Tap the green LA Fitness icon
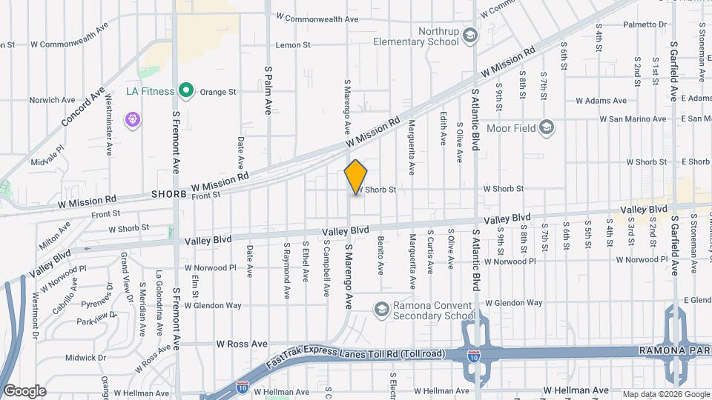pyautogui.click(x=186, y=92)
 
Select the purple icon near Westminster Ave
pyautogui.click(x=133, y=119)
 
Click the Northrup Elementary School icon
pyautogui.click(x=470, y=35)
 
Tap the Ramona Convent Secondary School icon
pyautogui.click(x=381, y=309)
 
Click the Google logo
pyautogui.click(x=24, y=390)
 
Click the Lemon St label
pyautogui.click(x=293, y=45)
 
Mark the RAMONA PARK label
pyautogui.click(x=676, y=350)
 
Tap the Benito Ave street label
pyautogui.click(x=380, y=253)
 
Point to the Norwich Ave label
pyautogui.click(x=52, y=100)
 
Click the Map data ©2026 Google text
pyautogui.click(x=665, y=393)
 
